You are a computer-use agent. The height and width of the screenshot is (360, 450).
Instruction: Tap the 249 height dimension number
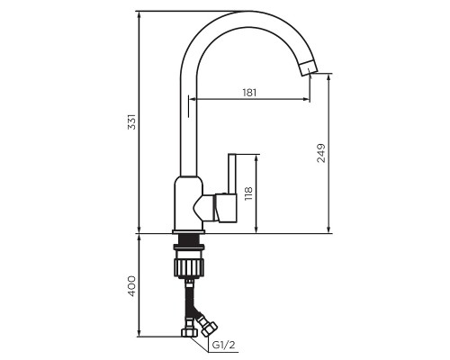click(x=321, y=152)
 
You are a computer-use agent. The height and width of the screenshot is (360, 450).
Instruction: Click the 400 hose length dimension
click(x=132, y=286)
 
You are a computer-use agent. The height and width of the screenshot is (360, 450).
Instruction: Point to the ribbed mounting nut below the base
click(x=191, y=266)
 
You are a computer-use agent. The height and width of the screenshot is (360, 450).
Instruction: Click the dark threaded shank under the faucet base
click(x=190, y=241)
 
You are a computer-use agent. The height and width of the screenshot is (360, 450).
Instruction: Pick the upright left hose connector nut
click(x=191, y=333)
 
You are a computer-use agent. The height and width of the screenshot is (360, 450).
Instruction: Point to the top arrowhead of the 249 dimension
click(x=328, y=77)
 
